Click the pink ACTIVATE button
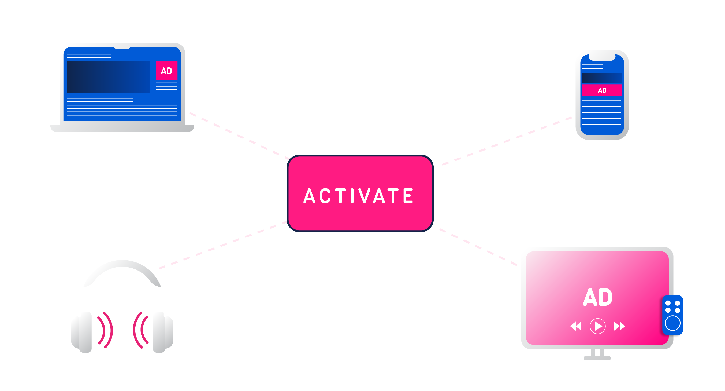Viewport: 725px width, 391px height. [x=360, y=193]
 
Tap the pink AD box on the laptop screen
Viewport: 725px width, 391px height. [x=167, y=70]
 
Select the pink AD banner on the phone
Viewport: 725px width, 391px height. [x=602, y=90]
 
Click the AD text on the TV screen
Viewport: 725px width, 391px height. [x=597, y=297]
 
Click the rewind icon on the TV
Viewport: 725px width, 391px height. [x=575, y=326]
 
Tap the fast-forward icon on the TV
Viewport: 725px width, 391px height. [x=619, y=326]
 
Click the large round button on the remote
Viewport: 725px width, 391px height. [x=673, y=323]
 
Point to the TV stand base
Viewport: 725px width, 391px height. [x=597, y=358]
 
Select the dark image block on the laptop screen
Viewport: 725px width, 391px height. [x=108, y=77]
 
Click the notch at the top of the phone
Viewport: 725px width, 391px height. [x=602, y=57]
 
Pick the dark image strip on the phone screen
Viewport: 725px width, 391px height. [x=602, y=78]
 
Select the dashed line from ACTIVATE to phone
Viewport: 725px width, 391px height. [x=507, y=141]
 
